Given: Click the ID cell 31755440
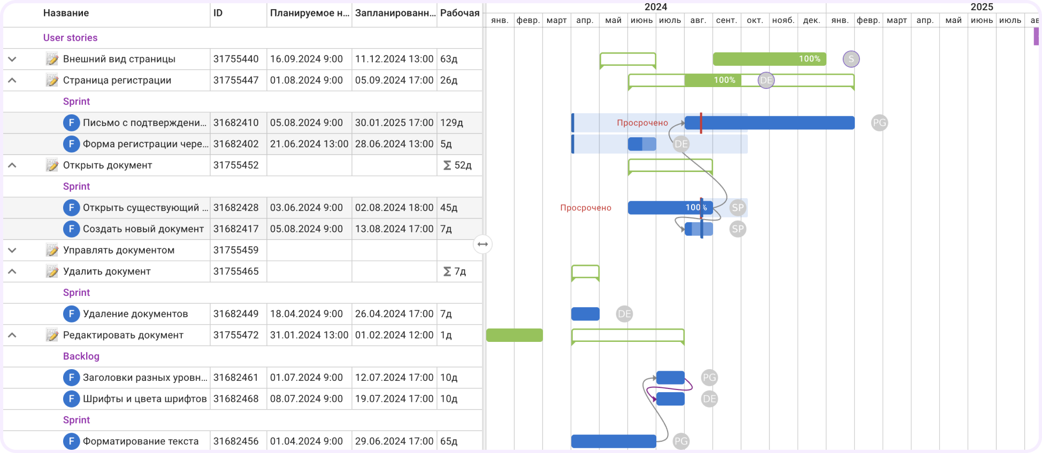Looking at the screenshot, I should (236, 59).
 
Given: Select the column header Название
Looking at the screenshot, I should (66, 13).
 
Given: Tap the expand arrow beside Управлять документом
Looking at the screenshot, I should (12, 250).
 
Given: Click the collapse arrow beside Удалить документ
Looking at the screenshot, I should (12, 271).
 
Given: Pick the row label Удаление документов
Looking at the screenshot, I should (135, 314).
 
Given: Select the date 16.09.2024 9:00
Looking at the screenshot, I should (307, 59).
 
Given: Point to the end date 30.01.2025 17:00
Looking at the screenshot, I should (394, 122).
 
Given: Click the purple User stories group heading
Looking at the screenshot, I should (70, 38).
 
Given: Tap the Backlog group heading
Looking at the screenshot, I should (81, 356).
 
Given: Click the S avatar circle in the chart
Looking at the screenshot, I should (851, 59).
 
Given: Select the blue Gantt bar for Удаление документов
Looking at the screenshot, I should (585, 314).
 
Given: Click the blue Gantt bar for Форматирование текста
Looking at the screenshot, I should (614, 441).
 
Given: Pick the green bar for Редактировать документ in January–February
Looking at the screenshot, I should (514, 335).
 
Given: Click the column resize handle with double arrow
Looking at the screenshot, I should (482, 244).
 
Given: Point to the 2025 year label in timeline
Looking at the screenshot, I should (982, 7).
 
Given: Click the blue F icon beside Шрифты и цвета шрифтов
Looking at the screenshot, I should (71, 399).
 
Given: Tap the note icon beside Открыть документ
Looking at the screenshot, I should (52, 165).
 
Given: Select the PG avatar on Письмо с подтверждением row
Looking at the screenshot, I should (879, 123).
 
